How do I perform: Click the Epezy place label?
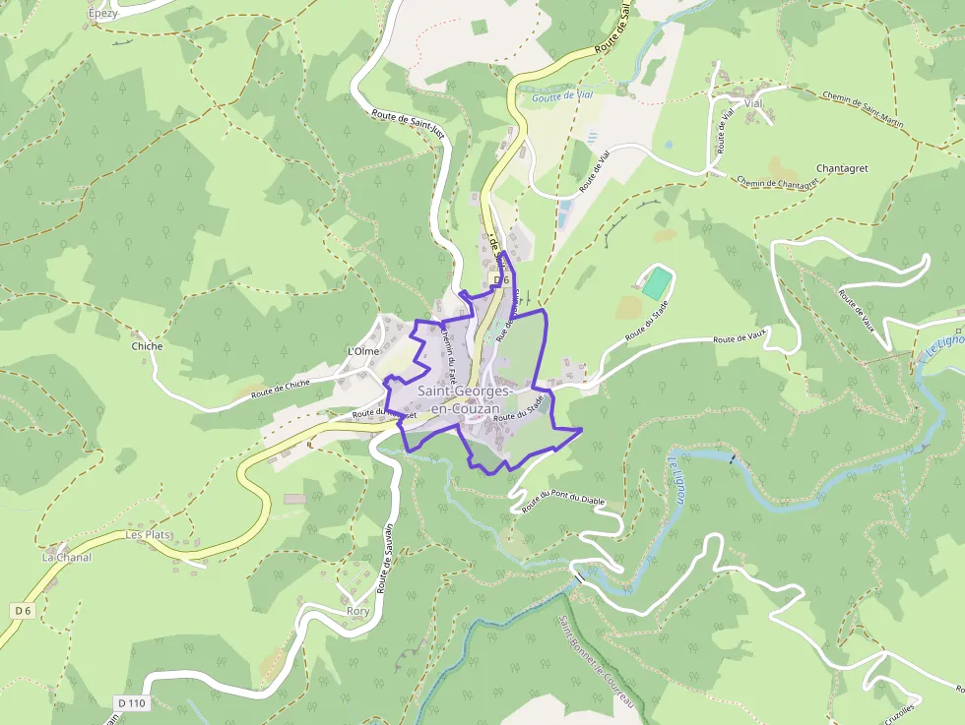(x=101, y=14)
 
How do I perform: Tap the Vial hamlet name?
(x=754, y=103)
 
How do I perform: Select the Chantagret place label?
(x=842, y=168)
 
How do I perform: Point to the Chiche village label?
(x=147, y=346)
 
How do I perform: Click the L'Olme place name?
(x=363, y=351)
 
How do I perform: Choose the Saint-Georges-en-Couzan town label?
(x=459, y=398)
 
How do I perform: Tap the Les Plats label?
(x=149, y=535)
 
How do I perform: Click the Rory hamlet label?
(x=358, y=611)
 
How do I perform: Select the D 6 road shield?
(x=23, y=611)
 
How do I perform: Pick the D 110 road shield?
(x=131, y=703)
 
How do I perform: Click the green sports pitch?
(x=655, y=283)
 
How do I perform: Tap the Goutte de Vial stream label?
(x=562, y=96)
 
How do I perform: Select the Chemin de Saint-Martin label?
(x=863, y=109)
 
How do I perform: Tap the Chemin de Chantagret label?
(x=777, y=181)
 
